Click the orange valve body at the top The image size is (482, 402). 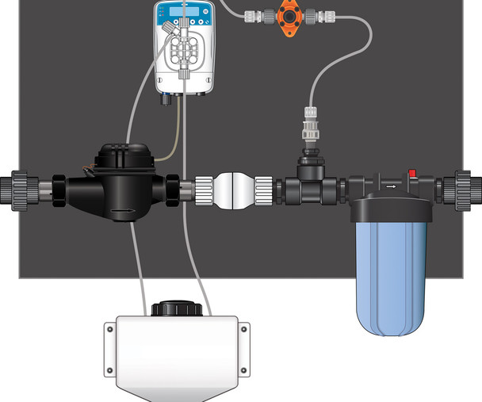click(285, 14)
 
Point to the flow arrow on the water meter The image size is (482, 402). click(122, 212)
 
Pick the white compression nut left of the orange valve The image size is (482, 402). click(258, 14)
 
